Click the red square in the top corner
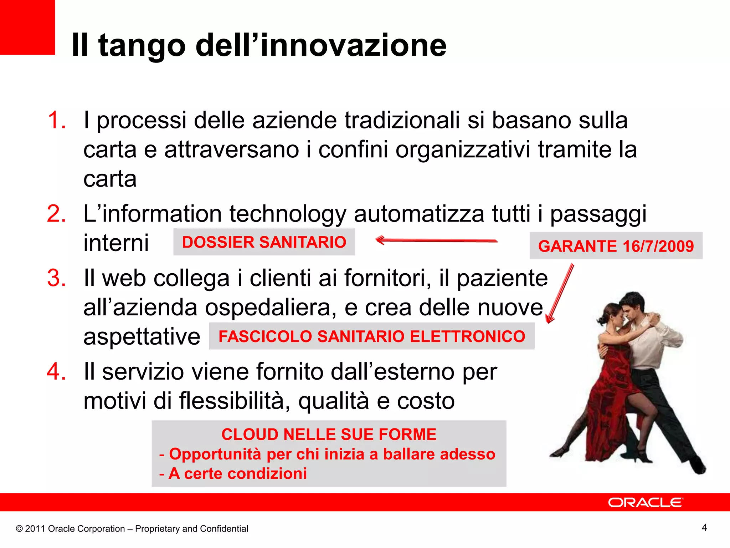pyautogui.click(x=27, y=27)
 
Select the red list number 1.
pyautogui.click(x=56, y=120)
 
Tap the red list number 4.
pyautogui.click(x=56, y=371)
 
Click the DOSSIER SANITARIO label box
pyautogui.click(x=264, y=242)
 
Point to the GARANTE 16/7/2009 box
pyautogui.click(x=616, y=246)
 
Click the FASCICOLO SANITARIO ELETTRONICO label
pyautogui.click(x=371, y=336)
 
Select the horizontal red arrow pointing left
pyautogui.click(x=436, y=240)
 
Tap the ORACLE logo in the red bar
pyautogui.click(x=646, y=502)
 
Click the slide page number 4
pyautogui.click(x=704, y=527)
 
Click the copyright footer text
pyautogui.click(x=132, y=529)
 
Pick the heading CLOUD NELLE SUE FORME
pyautogui.click(x=329, y=435)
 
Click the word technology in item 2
pyautogui.click(x=287, y=214)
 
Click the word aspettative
pyautogui.click(x=142, y=337)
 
